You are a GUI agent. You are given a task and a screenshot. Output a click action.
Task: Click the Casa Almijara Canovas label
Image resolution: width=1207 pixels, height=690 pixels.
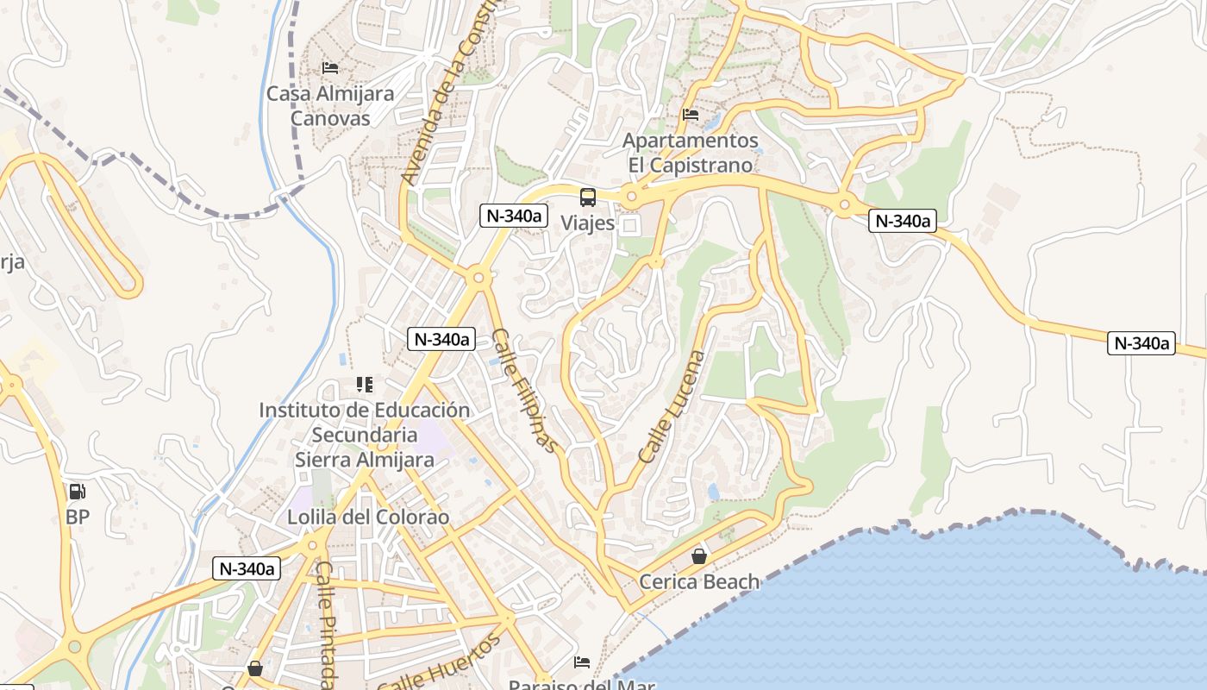(330, 105)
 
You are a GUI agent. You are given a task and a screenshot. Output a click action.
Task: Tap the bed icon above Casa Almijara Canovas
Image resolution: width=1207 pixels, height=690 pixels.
(330, 67)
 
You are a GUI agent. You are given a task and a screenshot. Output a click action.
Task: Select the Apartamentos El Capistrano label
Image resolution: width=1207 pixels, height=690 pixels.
(691, 152)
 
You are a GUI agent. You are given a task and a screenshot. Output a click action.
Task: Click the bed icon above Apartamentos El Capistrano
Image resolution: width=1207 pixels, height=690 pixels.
(691, 114)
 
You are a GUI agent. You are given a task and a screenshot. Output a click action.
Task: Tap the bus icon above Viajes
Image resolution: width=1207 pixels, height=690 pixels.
(588, 198)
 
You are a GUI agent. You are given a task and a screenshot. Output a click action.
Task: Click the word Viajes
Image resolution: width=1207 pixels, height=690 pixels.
(588, 223)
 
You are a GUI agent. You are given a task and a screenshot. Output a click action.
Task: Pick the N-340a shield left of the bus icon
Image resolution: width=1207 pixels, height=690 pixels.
(514, 216)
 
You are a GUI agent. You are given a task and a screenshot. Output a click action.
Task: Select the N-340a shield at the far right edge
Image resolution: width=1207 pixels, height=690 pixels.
(1141, 343)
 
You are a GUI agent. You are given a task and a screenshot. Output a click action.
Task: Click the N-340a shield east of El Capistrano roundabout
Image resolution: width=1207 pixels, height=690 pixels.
(903, 221)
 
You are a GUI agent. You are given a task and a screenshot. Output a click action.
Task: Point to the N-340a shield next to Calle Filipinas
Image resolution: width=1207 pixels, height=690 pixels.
(441, 339)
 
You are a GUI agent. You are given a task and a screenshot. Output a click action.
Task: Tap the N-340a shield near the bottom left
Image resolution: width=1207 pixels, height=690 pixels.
(247, 568)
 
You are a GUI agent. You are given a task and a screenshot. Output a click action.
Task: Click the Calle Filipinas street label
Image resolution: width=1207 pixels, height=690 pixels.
(526, 391)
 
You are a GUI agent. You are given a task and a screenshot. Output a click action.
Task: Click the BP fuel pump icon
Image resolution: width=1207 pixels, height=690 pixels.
(78, 492)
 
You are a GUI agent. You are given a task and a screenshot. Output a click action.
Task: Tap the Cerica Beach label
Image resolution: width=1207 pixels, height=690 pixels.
(699, 581)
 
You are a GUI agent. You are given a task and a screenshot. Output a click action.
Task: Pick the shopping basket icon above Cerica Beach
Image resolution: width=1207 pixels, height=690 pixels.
(699, 556)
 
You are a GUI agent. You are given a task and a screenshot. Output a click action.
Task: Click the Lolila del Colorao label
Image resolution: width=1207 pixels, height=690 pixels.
(368, 517)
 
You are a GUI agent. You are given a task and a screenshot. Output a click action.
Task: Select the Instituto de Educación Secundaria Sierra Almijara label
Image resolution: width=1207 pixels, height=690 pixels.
(365, 435)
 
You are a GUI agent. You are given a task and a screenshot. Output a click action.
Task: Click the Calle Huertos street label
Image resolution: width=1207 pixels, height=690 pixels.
(440, 662)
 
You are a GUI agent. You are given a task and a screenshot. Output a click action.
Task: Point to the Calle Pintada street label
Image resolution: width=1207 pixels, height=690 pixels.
(326, 625)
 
